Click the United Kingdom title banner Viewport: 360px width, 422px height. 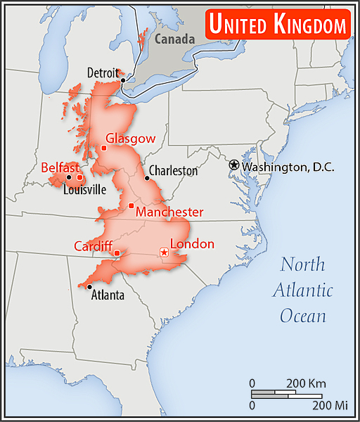tap(278, 25)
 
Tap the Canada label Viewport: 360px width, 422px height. tap(174, 39)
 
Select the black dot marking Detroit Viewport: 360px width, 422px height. tap(123, 80)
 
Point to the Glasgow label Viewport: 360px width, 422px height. tap(130, 139)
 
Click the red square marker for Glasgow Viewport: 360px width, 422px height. tap(103, 148)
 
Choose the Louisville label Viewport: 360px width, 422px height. tap(84, 189)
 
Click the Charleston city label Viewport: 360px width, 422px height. tap(174, 170)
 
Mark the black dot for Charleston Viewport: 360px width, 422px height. tap(147, 178)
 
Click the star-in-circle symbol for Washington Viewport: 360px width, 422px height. tap(234, 165)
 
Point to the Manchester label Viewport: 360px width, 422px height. tap(169, 212)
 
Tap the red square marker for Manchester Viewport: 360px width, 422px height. tap(131, 205)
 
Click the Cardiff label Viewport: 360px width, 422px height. tap(94, 246)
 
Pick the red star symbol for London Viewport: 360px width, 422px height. tap(164, 252)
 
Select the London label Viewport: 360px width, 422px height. tap(192, 244)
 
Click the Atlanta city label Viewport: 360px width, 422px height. tap(108, 295)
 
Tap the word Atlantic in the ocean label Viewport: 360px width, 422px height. tap(303, 290)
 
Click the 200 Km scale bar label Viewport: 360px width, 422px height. tap(306, 383)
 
